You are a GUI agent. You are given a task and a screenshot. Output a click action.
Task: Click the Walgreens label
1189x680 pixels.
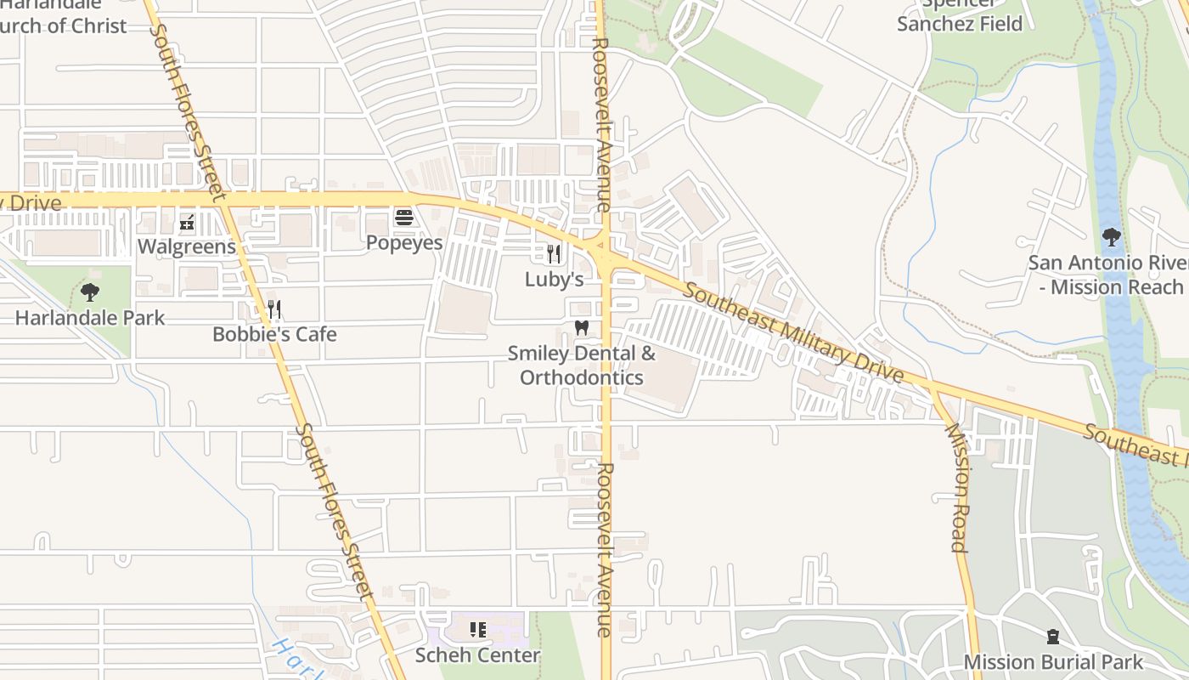pyautogui.click(x=186, y=246)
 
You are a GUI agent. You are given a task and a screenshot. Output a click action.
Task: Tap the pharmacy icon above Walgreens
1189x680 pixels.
pyautogui.click(x=187, y=224)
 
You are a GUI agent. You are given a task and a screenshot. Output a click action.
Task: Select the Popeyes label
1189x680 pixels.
pyautogui.click(x=404, y=242)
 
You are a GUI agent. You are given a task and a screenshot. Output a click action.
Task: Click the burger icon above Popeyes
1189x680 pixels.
pyautogui.click(x=404, y=218)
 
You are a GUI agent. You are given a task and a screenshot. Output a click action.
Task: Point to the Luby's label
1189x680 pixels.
pyautogui.click(x=554, y=279)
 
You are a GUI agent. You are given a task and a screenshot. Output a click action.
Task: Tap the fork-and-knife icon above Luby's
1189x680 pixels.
pyautogui.click(x=554, y=253)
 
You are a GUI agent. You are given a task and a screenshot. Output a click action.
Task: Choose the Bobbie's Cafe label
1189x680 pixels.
pyautogui.click(x=274, y=334)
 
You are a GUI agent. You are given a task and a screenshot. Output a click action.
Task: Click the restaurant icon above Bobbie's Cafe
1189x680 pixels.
pyautogui.click(x=274, y=309)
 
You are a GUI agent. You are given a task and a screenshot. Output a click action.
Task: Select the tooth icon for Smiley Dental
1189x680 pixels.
pyautogui.click(x=582, y=327)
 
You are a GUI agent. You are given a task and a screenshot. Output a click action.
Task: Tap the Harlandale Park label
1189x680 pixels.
pyautogui.click(x=90, y=318)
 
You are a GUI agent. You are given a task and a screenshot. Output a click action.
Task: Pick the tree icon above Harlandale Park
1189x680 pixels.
pyautogui.click(x=90, y=293)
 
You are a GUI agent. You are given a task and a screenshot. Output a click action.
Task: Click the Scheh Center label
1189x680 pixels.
pyautogui.click(x=477, y=655)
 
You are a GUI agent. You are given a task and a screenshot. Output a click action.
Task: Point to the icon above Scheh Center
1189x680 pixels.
pyautogui.click(x=477, y=630)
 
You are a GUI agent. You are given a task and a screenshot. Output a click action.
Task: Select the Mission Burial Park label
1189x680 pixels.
pyautogui.click(x=1053, y=661)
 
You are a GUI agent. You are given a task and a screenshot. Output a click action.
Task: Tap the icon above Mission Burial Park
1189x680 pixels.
pyautogui.click(x=1053, y=636)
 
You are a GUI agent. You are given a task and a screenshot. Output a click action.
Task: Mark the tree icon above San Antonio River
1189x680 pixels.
pyautogui.click(x=1111, y=236)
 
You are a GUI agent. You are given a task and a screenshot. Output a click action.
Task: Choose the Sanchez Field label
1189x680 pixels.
pyautogui.click(x=960, y=24)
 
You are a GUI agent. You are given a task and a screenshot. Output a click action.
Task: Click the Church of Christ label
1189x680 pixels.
pyautogui.click(x=64, y=25)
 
